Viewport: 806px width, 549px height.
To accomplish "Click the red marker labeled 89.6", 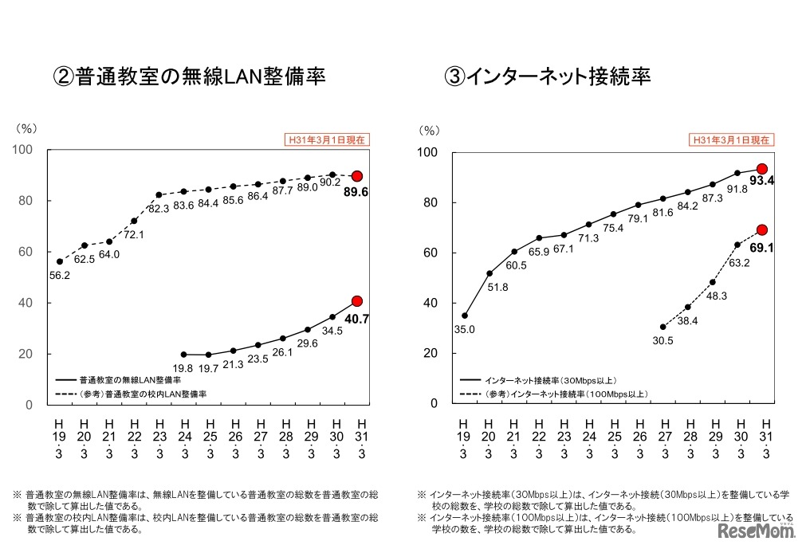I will tap(357, 176).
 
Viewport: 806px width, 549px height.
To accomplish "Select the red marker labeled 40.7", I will tap(357, 301).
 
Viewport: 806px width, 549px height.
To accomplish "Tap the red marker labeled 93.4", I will tap(762, 169).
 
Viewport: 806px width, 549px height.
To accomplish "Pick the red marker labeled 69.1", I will tap(762, 229).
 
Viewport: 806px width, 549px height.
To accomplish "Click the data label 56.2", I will tap(61, 276).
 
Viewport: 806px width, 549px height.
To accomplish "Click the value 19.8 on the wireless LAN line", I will tap(185, 369).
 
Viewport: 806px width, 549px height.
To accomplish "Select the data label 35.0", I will tap(465, 329).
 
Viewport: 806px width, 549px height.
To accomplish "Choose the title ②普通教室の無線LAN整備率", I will tap(189, 76).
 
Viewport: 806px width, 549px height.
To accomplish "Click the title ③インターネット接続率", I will tap(547, 76).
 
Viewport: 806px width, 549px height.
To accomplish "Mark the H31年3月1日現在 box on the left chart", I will tap(327, 139).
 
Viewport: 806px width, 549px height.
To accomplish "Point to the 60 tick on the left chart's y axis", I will tap(26, 252).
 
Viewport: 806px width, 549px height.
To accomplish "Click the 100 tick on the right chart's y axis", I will tap(428, 152).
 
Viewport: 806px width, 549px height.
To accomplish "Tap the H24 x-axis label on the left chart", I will tap(185, 438).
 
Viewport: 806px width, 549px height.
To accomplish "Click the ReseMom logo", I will tap(756, 530).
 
